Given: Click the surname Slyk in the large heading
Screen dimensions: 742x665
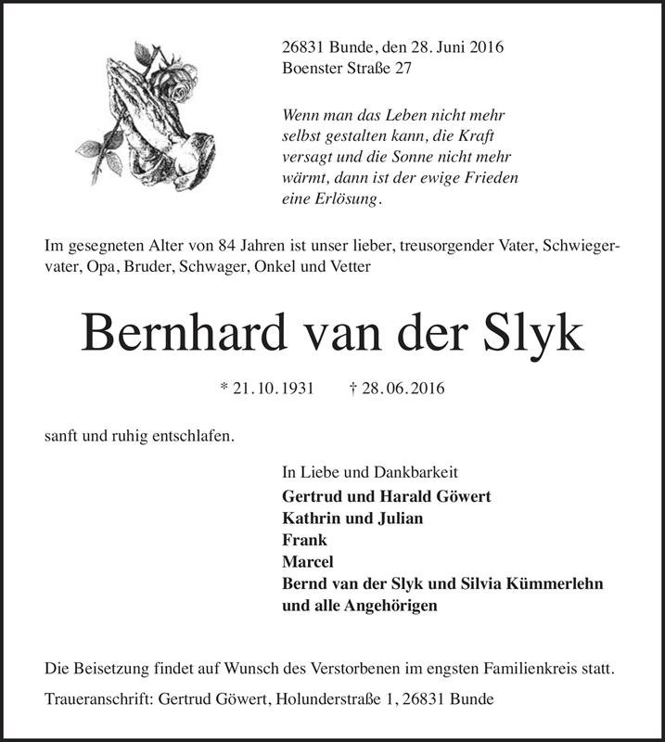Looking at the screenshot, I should coord(531,331).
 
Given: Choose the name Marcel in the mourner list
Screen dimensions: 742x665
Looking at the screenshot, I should coord(307,562).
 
